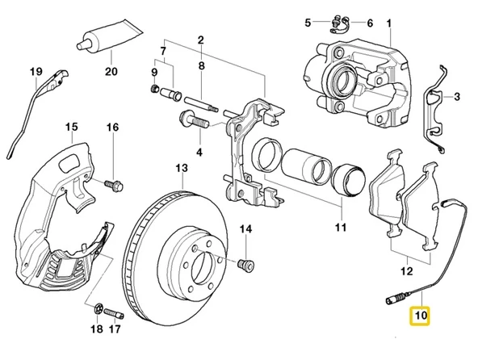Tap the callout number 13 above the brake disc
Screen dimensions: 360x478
point(182,168)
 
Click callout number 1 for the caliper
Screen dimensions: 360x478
point(389,23)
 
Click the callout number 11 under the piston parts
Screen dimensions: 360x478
point(341,227)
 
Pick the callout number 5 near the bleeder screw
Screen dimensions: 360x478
point(308,23)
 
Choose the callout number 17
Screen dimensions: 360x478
point(115,329)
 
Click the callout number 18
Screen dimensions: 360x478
point(95,329)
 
